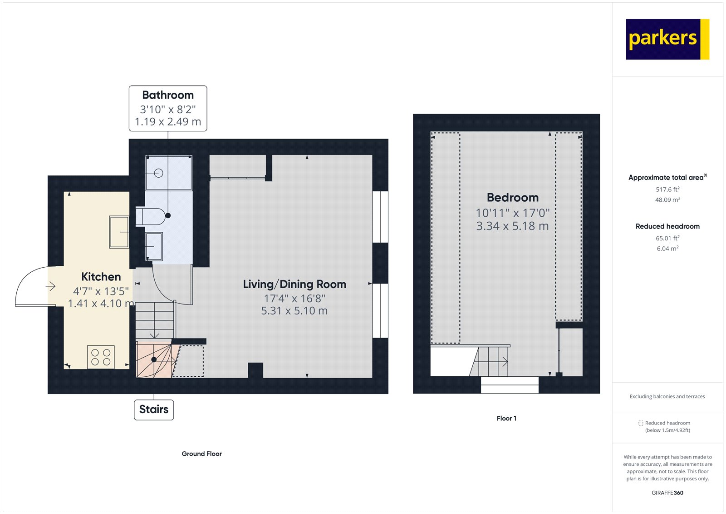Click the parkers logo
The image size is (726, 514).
coord(667,39)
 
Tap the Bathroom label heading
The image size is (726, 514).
coord(168,95)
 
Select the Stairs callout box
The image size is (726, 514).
coord(154,409)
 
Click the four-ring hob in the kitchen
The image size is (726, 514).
coord(101,357)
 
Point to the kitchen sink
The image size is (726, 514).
coord(119,232)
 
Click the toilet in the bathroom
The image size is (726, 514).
coord(152,217)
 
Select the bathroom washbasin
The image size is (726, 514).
coord(154,246)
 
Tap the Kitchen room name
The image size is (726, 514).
coord(101,277)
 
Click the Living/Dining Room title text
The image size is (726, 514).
coord(294,284)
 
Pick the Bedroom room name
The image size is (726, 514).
coord(513,198)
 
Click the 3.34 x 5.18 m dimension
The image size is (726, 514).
coord(512,226)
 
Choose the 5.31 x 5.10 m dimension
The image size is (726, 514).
coord(294,311)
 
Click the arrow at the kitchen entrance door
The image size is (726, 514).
coord(50,286)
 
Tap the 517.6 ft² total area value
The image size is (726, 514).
coord(667,190)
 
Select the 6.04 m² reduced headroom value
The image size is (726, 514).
coord(667,249)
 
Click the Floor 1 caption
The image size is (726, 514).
coord(506,419)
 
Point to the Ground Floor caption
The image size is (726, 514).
coord(201,454)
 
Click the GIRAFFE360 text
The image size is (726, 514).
coord(667,493)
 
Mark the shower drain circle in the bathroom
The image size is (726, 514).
coord(158,173)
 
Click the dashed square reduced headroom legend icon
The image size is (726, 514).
coord(641,423)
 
